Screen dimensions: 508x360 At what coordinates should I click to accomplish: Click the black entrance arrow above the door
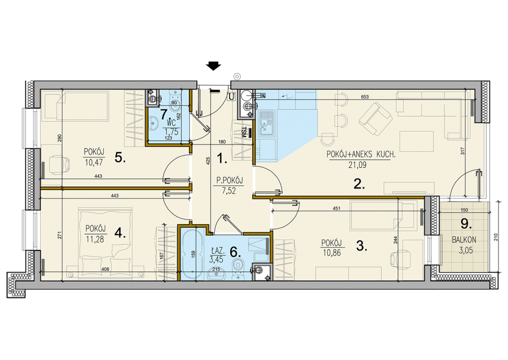click(213, 66)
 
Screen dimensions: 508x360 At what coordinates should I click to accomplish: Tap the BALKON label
click(464, 240)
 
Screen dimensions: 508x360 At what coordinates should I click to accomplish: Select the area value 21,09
click(357, 165)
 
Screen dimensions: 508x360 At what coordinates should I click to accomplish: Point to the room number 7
click(165, 114)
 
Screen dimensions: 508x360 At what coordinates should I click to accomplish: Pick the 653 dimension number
click(365, 96)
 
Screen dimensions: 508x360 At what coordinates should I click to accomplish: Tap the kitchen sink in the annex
click(266, 123)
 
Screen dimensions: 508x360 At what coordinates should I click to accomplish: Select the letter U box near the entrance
click(231, 96)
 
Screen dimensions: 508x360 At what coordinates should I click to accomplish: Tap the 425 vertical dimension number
click(208, 161)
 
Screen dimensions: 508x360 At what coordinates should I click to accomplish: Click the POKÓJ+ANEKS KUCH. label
click(361, 155)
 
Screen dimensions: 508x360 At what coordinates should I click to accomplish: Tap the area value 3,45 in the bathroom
click(216, 259)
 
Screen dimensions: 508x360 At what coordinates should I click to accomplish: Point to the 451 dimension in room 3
click(337, 209)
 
